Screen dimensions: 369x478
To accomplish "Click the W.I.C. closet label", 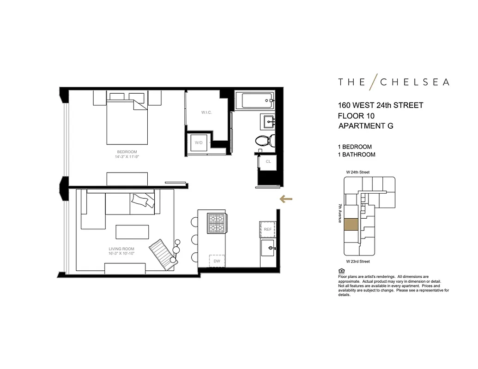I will [206, 113].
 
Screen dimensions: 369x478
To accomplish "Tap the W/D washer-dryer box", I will [199, 143].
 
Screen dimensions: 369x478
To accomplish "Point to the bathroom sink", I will [269, 121].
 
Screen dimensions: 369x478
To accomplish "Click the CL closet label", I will [268, 161].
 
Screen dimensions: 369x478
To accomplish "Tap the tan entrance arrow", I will [286, 199].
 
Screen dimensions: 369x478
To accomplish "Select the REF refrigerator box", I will [267, 229].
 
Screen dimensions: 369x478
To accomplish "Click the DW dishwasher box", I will [217, 261].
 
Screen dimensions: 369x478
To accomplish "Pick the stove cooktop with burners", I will [217, 224].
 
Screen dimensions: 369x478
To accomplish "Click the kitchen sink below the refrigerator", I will [268, 250].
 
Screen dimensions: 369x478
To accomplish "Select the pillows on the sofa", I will [142, 200].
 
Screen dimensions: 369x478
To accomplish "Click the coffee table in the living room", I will [132, 232].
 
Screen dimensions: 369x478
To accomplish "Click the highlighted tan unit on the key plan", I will [351, 224].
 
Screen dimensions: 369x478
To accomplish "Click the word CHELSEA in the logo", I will [414, 82].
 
